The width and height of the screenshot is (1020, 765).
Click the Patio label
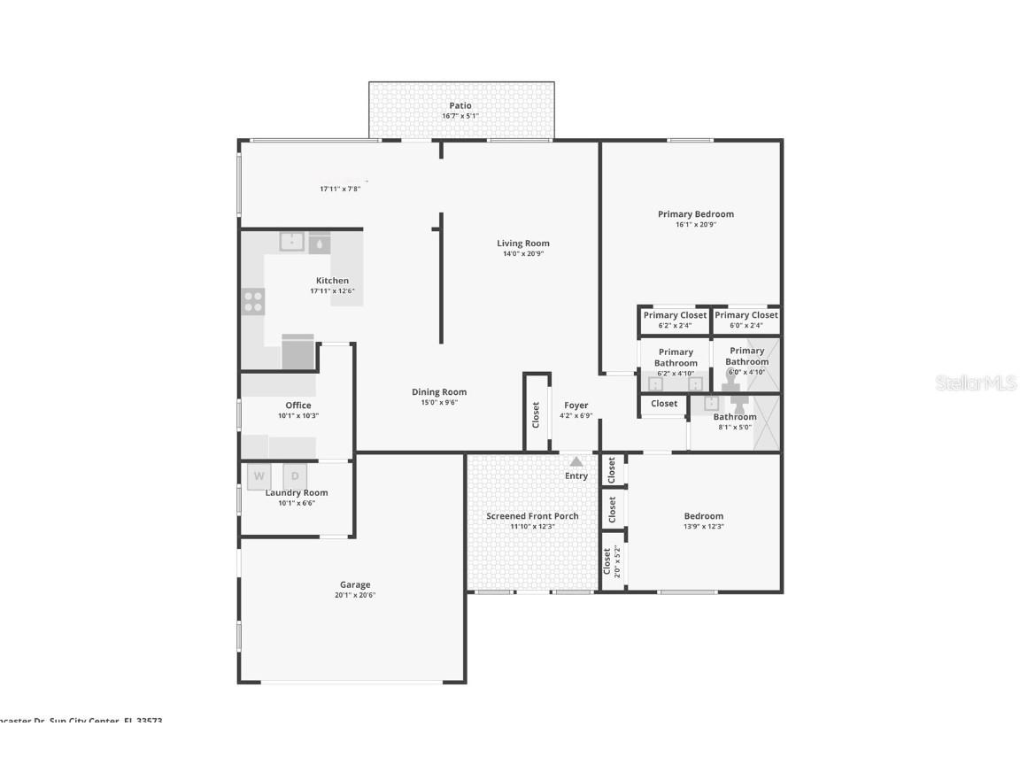[x=460, y=105]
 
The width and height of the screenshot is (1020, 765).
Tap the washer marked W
[x=259, y=476]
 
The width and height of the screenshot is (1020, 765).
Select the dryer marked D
[x=295, y=476]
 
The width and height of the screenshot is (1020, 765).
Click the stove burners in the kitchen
[x=252, y=302]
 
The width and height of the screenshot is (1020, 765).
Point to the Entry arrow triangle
[x=576, y=461]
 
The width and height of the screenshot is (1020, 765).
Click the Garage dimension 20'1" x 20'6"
[x=355, y=595]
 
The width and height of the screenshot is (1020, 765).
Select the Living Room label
[x=522, y=243]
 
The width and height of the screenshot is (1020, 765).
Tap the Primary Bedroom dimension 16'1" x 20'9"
[x=695, y=225]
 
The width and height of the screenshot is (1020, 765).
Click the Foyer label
[x=576, y=406]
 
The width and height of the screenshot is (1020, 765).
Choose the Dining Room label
[x=439, y=392]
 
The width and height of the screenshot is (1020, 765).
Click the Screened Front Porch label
[x=532, y=516]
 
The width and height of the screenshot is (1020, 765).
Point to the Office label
[x=298, y=406]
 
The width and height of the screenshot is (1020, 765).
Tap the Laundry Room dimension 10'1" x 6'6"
[x=297, y=503]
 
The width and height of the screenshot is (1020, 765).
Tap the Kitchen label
[x=332, y=281]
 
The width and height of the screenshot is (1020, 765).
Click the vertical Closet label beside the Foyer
[x=536, y=414]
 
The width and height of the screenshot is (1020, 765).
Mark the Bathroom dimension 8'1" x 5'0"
[x=735, y=427]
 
